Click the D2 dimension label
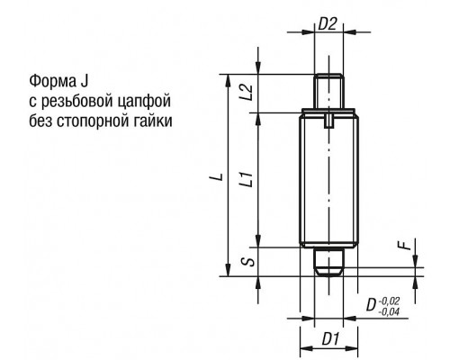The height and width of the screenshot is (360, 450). pos(328,24)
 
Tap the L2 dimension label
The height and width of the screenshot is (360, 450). pos(247,92)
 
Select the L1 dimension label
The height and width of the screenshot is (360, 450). pos(247,179)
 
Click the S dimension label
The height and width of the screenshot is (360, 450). pos(248,261)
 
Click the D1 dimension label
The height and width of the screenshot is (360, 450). pos(330,339)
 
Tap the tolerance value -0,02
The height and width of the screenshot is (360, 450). pos(390,301)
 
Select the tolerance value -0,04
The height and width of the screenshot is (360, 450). pos(389,312)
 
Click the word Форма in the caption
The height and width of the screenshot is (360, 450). pos(52,81)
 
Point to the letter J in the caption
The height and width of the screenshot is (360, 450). pos(85,81)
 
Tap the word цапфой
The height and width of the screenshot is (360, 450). pos(144,102)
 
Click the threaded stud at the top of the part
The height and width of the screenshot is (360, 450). pos(328,91)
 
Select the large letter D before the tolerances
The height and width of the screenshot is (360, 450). pos(372,305)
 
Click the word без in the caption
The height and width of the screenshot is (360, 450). pos(40,121)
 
